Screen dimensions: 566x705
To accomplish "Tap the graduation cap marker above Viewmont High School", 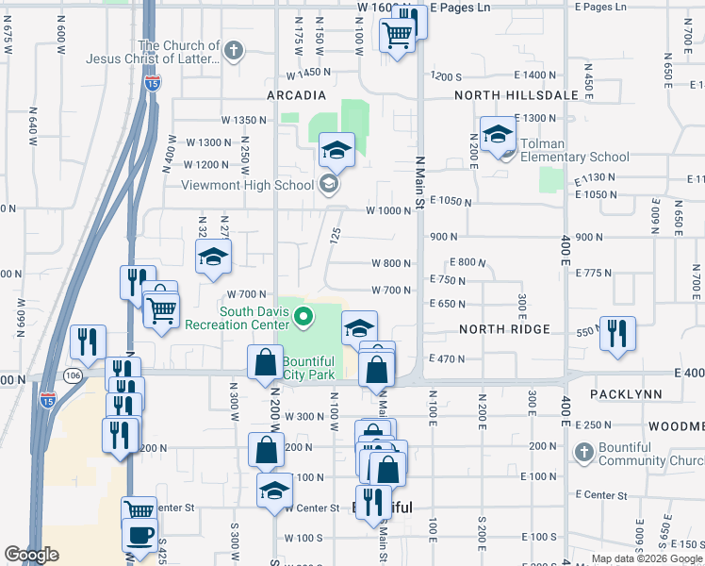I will tap(336, 151).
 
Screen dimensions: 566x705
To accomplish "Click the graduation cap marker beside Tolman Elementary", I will tap(498, 136).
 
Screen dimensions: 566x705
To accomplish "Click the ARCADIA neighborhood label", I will tap(296, 95).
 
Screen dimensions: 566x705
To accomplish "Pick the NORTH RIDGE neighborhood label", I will tap(504, 329).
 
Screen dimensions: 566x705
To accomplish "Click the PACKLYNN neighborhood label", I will tap(622, 392).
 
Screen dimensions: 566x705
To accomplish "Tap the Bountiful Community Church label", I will tap(650, 454).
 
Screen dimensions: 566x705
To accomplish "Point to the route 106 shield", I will tap(73, 375).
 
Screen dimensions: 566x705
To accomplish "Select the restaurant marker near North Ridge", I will tap(617, 333).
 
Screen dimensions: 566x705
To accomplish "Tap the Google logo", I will tap(32, 555).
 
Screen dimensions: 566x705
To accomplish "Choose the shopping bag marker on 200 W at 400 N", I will tap(266, 362).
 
